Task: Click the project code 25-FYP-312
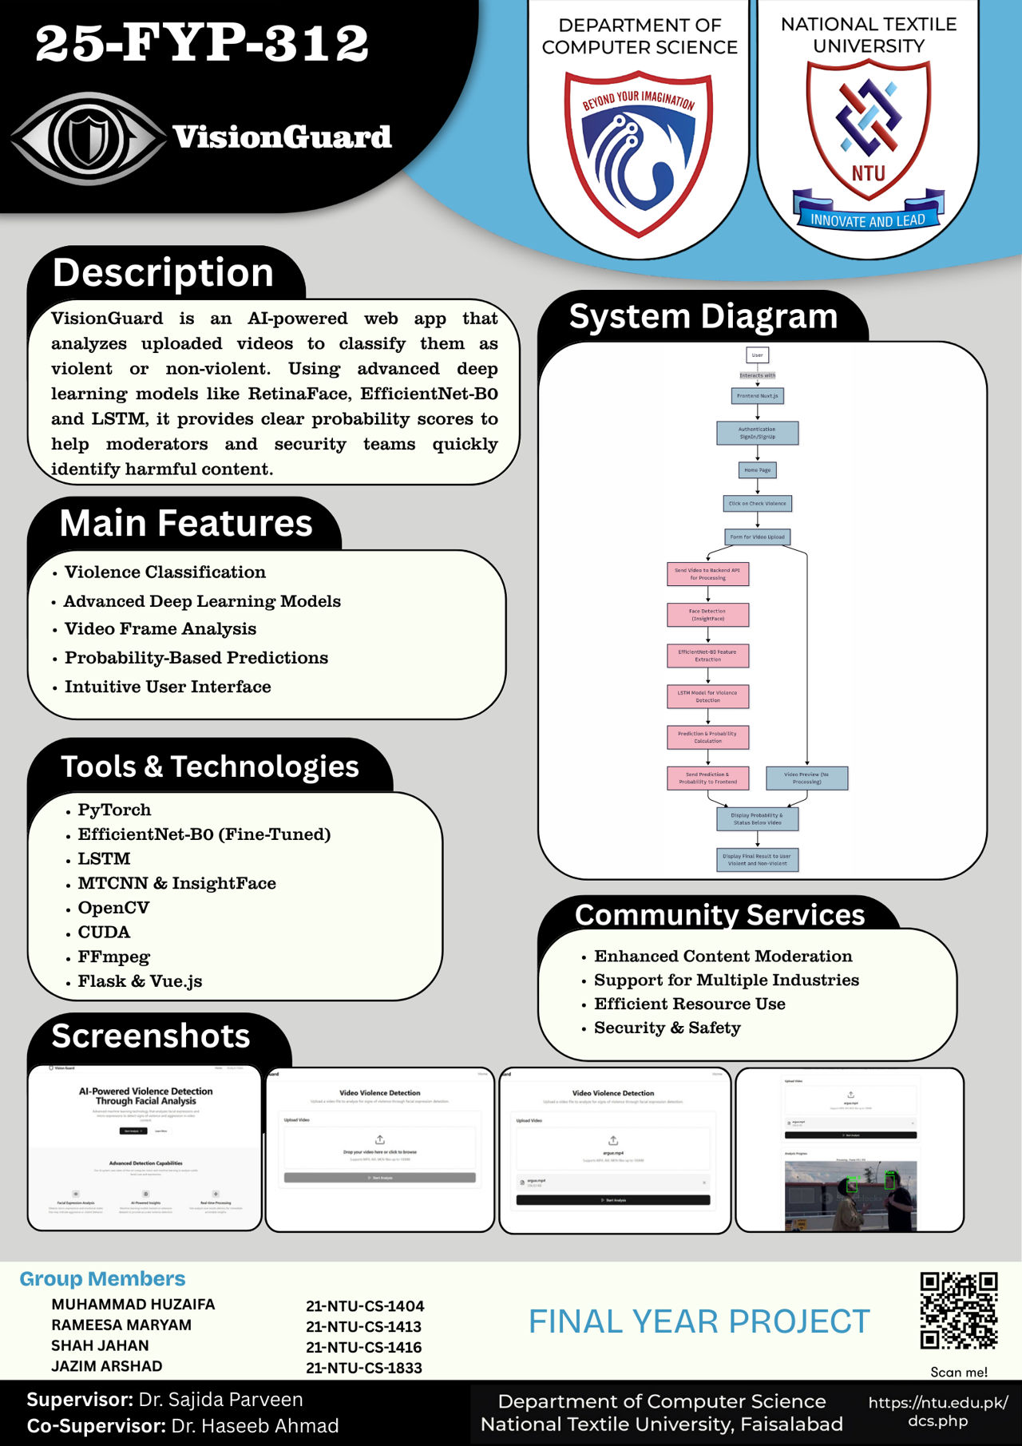(x=202, y=43)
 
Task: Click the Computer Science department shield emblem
(x=639, y=152)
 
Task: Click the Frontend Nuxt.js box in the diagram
(x=757, y=396)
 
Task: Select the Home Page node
(x=757, y=470)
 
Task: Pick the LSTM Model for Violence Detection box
(x=707, y=696)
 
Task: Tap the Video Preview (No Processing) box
(x=806, y=778)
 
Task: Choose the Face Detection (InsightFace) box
(x=707, y=615)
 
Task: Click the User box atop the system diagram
(x=757, y=355)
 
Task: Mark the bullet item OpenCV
(x=113, y=908)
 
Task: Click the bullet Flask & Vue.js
(x=140, y=981)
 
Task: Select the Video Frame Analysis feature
(x=160, y=629)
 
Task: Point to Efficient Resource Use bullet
(x=689, y=1004)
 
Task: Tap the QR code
(x=958, y=1310)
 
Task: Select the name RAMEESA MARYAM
(x=121, y=1325)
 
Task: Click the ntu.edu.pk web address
(x=937, y=1412)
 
